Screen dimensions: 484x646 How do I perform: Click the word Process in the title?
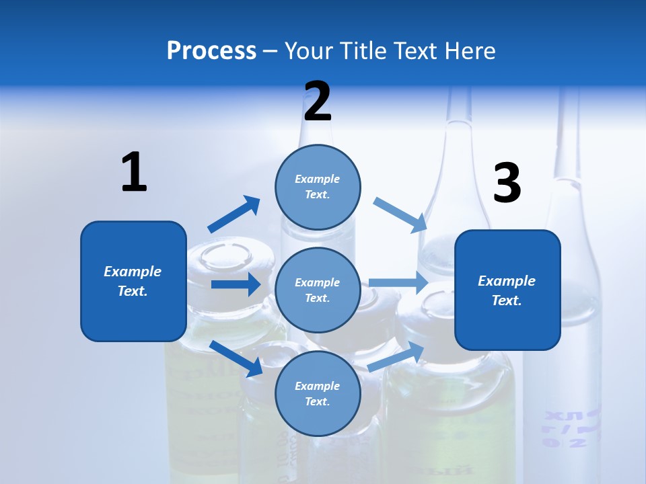point(211,51)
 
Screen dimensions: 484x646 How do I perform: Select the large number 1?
point(134,172)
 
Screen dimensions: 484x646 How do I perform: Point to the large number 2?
point(318,102)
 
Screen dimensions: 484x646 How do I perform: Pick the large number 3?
point(507,184)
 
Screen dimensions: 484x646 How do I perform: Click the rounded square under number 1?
point(133,281)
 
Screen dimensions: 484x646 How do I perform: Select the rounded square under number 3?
point(507,290)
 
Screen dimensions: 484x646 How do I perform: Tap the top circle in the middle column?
point(318,186)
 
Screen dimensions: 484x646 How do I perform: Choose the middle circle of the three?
point(318,290)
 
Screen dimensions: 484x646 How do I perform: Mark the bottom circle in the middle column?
point(318,393)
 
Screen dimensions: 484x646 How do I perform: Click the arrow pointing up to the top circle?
point(234,214)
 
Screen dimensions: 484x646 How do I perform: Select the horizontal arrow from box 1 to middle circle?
point(236,284)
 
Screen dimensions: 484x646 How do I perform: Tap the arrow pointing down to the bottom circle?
point(236,358)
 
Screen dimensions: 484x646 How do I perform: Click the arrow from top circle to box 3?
point(401,214)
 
